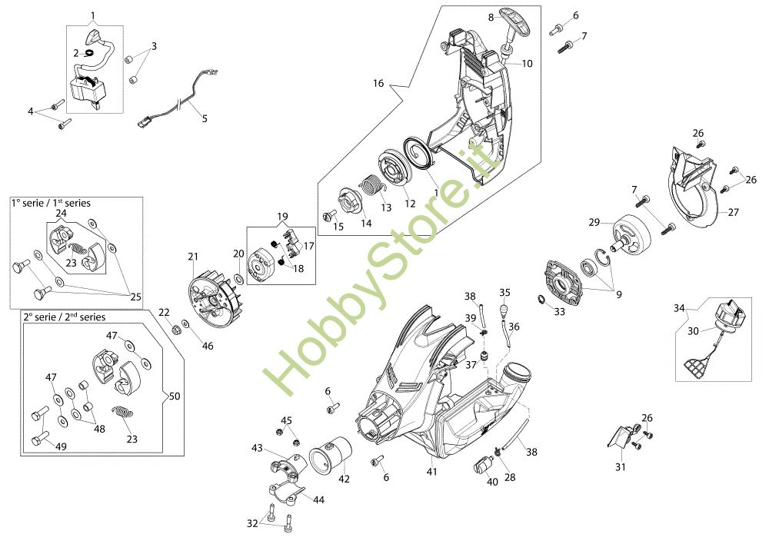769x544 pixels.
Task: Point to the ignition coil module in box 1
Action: coord(88,88)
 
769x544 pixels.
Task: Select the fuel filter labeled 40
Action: coord(484,464)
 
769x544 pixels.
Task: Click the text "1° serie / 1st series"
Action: coord(51,203)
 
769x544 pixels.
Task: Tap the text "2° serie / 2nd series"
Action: coord(64,317)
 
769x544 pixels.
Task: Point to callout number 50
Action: coord(175,396)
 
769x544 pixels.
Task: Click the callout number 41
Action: coord(432,470)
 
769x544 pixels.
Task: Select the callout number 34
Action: coord(679,308)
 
